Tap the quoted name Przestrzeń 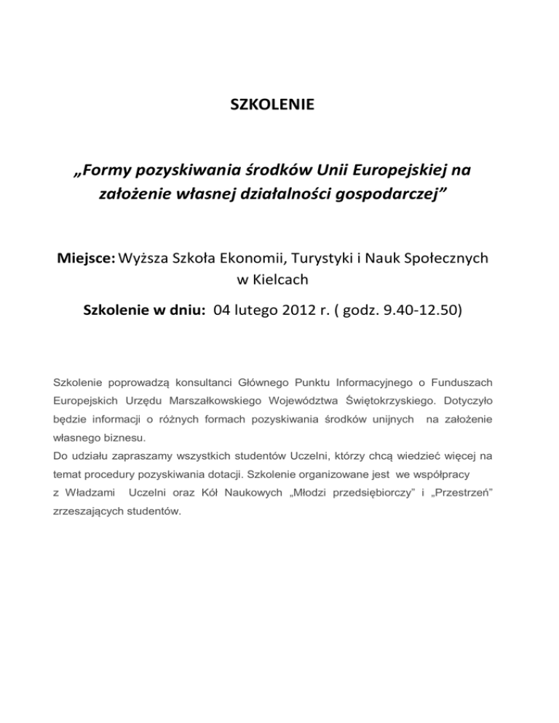pos(473,493)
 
